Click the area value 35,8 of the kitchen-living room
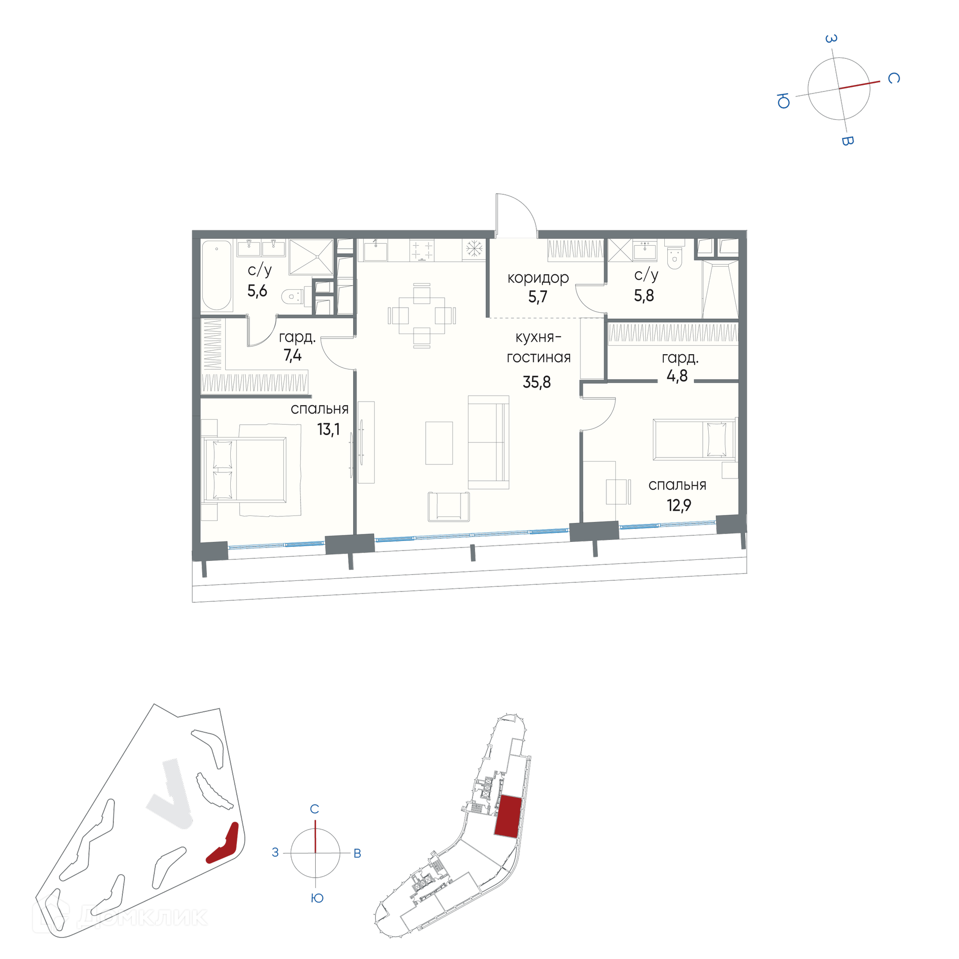[x=536, y=382]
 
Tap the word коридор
[x=538, y=278]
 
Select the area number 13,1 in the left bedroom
[x=328, y=429]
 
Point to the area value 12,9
[x=679, y=505]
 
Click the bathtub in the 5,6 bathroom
[x=217, y=275]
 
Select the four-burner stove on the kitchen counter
[x=422, y=250]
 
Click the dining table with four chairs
[x=422, y=316]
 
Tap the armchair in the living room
[x=449, y=506]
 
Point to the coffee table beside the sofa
[x=439, y=443]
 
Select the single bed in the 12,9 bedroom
[x=694, y=439]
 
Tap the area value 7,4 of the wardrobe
[x=292, y=355]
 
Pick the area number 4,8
[x=677, y=376]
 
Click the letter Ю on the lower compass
[x=317, y=898]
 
